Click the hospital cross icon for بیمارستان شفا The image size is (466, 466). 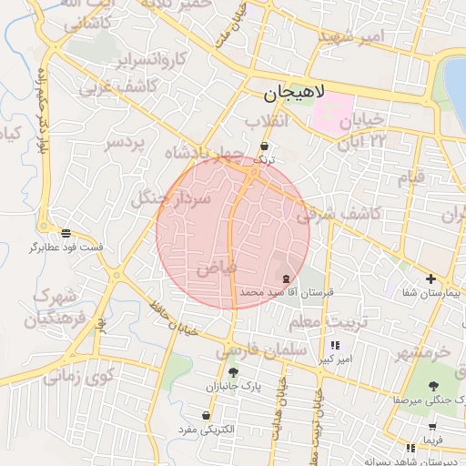tap(431, 279)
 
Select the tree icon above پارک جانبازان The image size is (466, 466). tap(233, 372)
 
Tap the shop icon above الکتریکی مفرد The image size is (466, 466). tap(209, 414)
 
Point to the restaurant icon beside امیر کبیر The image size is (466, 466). tap(335, 346)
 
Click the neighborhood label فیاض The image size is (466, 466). tap(216, 268)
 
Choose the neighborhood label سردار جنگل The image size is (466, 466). tap(172, 197)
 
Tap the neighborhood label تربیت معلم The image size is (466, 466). tap(329, 324)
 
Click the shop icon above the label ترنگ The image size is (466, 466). tap(264, 146)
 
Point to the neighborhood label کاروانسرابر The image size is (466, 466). tap(150, 61)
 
